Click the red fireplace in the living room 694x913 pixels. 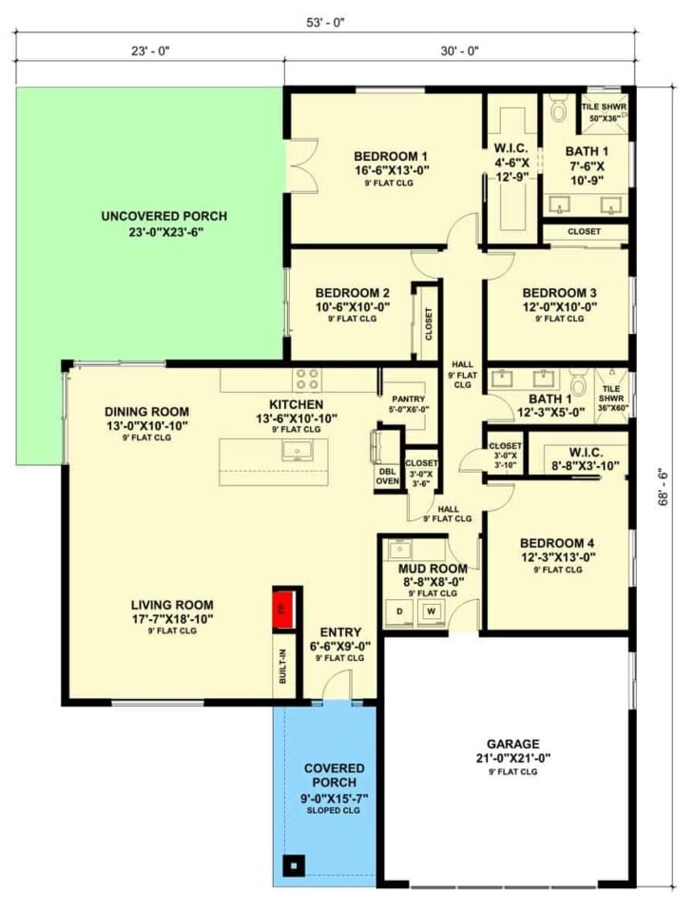pyautogui.click(x=281, y=607)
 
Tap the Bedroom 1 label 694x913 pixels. pyautogui.click(x=392, y=157)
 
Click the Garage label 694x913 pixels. pyautogui.click(x=512, y=744)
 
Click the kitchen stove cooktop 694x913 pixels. pyautogui.click(x=306, y=379)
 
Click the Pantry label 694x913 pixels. pyautogui.click(x=410, y=399)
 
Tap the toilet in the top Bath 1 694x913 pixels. pyautogui.click(x=560, y=111)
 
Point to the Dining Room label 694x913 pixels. pyautogui.click(x=146, y=412)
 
